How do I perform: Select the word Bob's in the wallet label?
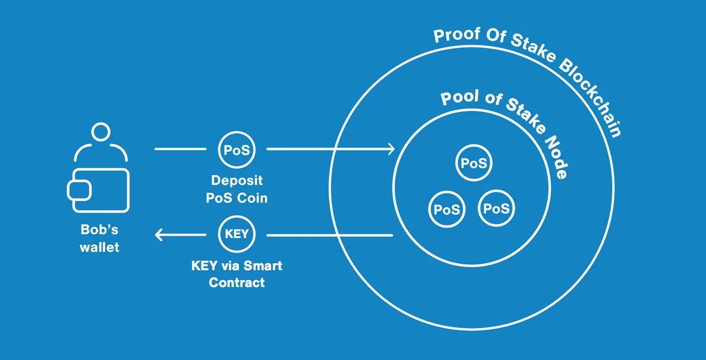click(x=99, y=229)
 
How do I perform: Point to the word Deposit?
click(x=237, y=181)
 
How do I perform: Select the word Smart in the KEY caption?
click(x=263, y=266)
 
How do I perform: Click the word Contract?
click(x=237, y=283)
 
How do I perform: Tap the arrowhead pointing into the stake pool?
click(x=391, y=149)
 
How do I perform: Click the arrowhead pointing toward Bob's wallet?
click(x=159, y=235)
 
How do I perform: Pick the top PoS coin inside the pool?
click(x=474, y=163)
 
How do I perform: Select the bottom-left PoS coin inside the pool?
click(x=447, y=209)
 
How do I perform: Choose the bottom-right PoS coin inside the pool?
click(x=496, y=208)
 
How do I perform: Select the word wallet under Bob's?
click(x=99, y=247)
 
